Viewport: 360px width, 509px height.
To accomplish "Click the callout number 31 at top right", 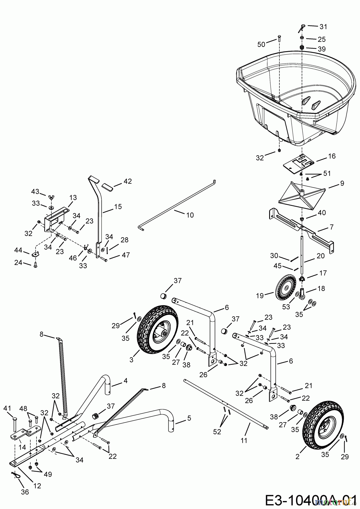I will pos(323,27).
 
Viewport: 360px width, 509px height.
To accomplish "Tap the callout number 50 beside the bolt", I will pos(262,44).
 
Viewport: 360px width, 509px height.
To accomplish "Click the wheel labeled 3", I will pos(158,329).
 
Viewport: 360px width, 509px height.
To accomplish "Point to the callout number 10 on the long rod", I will pos(190,215).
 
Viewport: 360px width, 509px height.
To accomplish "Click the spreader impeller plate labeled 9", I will pos(301,195).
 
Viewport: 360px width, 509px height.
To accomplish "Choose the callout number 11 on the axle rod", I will pos(244,440).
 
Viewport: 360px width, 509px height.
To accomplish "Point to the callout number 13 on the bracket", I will pos(73,198).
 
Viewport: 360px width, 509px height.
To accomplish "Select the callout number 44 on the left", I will pos(18,250).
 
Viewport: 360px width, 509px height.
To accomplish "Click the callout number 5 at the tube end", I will pos(189,418).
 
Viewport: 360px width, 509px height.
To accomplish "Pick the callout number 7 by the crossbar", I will pos(331,227).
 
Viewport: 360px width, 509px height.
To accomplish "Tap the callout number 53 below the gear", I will pos(286,307).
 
